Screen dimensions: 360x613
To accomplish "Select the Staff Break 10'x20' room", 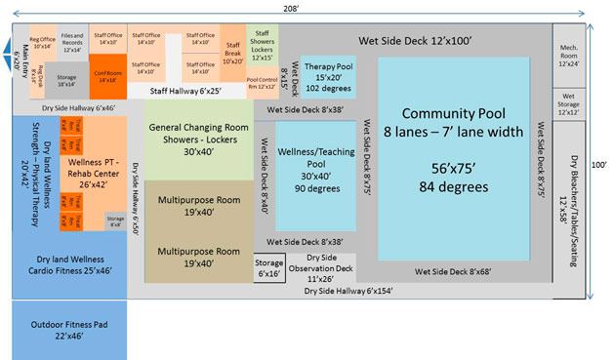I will click(232, 54).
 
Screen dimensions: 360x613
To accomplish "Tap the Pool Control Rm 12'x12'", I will click(261, 82).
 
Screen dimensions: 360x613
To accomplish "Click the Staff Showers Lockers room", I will click(262, 45).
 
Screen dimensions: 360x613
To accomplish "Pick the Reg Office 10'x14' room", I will click(43, 42).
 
